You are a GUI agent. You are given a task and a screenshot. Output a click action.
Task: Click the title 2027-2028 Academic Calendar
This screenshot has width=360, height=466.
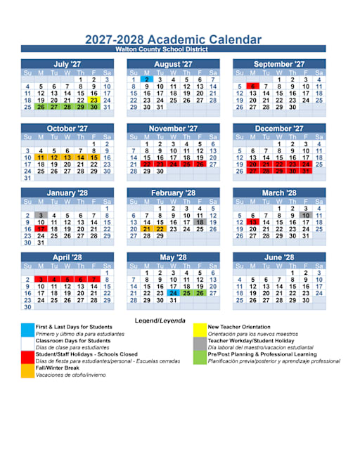[x=173, y=40]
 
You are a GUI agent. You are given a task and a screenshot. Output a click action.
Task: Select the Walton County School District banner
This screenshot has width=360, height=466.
[x=173, y=49]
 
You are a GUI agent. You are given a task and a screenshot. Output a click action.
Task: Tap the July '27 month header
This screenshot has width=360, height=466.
[x=67, y=64]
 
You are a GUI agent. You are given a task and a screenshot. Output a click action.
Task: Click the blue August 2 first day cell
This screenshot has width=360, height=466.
[x=147, y=80]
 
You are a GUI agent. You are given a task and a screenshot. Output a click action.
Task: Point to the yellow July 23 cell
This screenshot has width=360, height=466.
[x=94, y=100]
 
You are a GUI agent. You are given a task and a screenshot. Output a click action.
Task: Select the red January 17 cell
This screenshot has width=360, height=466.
[x=41, y=229]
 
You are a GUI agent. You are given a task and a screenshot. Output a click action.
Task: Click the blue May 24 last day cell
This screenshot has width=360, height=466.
[x=174, y=294]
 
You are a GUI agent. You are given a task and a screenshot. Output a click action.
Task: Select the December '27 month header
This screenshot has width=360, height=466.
[x=279, y=129]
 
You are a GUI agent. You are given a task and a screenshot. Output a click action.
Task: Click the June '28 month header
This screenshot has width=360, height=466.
[x=279, y=257]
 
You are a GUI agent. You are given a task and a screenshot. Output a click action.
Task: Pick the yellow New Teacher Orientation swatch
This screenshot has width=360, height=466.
[x=200, y=327]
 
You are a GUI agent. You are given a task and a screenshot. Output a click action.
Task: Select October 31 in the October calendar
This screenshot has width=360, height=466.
[x=27, y=178]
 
